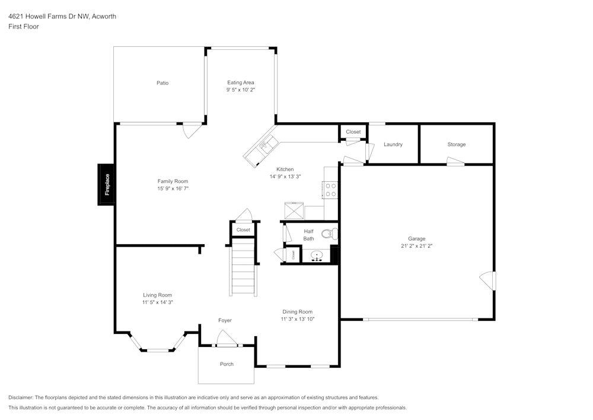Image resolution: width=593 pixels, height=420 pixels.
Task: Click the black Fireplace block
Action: (107, 185)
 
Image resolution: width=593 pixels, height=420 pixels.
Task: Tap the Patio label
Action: (162, 83)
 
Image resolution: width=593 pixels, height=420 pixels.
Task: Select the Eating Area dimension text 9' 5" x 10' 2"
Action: (241, 90)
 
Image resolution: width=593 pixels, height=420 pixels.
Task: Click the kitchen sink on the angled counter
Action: (265, 144)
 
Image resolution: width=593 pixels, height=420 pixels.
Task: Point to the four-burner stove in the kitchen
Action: (330, 190)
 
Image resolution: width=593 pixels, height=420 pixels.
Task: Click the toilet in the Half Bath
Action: (330, 233)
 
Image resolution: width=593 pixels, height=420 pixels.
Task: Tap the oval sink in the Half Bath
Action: (317, 256)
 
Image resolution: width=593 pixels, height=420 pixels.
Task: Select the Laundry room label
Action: (393, 144)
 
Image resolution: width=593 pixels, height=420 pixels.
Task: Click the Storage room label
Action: (457, 144)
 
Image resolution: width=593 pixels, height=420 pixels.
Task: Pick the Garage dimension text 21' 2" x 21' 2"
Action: (416, 245)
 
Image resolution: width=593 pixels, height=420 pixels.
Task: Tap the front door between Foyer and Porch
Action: (226, 340)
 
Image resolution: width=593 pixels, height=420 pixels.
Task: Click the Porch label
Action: (227, 364)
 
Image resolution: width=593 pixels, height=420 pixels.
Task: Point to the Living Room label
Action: (157, 295)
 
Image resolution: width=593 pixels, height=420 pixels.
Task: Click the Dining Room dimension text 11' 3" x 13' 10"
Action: (297, 319)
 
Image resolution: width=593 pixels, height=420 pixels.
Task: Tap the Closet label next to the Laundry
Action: (353, 132)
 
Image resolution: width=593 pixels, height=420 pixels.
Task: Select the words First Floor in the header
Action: (24, 27)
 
